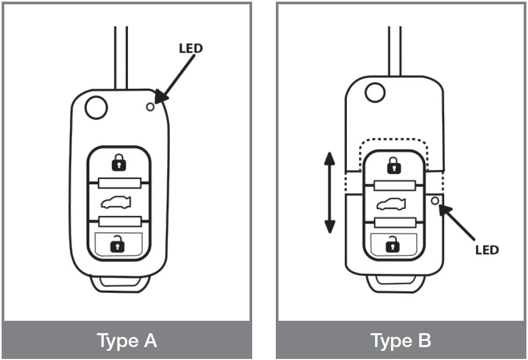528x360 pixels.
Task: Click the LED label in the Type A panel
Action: (190, 48)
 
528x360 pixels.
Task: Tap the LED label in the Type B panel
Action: (487, 250)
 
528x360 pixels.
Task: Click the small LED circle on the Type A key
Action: (150, 106)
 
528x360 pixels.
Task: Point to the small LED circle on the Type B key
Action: (434, 201)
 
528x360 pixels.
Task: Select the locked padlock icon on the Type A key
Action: (118, 162)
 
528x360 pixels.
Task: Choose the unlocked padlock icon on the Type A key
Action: (117, 245)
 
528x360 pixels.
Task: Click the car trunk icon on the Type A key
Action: (118, 203)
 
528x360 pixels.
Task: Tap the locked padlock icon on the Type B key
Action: (394, 165)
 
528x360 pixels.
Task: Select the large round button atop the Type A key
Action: (96, 107)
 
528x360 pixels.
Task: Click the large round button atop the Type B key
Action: (375, 91)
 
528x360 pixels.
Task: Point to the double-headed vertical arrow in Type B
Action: (330, 193)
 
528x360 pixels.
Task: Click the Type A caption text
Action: (127, 341)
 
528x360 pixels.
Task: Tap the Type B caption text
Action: (401, 341)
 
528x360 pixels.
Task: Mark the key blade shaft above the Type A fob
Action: (121, 56)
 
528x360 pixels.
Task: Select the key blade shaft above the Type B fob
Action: (394, 51)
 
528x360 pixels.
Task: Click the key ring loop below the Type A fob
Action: (118, 284)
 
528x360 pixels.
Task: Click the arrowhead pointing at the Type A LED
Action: (161, 97)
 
